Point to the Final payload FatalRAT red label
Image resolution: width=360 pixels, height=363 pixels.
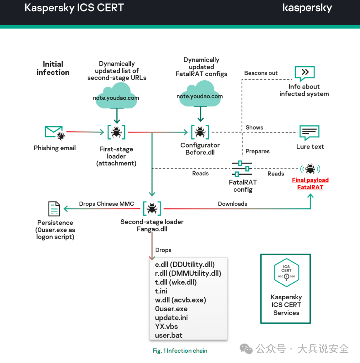pyautogui.click(x=310, y=183)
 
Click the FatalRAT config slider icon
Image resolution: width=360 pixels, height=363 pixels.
pyautogui.click(x=242, y=169)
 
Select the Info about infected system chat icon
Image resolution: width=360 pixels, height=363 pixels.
pyautogui.click(x=305, y=74)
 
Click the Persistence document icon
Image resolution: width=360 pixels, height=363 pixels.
pyautogui.click(x=54, y=209)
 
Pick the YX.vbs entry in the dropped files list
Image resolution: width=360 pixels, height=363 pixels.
pyautogui.click(x=166, y=326)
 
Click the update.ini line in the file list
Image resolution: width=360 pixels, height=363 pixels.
pyautogui.click(x=171, y=317)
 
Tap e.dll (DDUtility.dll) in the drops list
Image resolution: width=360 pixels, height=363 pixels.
pyautogui.click(x=185, y=264)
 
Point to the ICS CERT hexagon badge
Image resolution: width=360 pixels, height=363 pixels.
pyautogui.click(x=286, y=273)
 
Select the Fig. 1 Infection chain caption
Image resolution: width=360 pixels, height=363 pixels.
pyautogui.click(x=180, y=351)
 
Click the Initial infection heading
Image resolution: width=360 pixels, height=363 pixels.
pyautogui.click(x=53, y=68)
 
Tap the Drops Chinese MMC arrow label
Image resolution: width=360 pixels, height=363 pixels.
pyautogui.click(x=107, y=204)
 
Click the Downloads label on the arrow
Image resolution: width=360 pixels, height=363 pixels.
pyautogui.click(x=233, y=204)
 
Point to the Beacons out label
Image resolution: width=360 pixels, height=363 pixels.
pyautogui.click(x=261, y=73)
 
